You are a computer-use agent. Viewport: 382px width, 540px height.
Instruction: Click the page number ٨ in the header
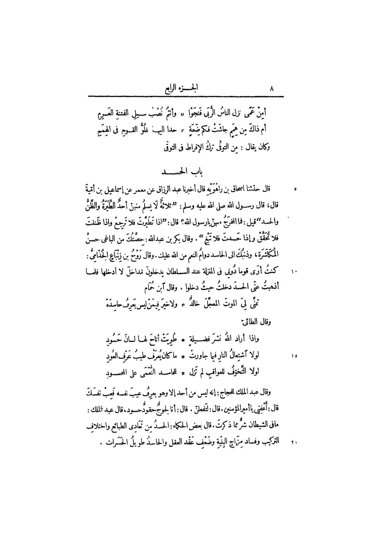coord(272,89)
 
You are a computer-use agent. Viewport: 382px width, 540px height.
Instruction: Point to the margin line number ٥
coord(296,189)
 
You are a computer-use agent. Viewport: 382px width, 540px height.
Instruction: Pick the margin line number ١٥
coord(294,356)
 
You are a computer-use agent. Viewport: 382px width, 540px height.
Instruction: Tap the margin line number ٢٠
coord(294,442)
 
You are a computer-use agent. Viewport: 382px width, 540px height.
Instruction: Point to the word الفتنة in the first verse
coord(127,113)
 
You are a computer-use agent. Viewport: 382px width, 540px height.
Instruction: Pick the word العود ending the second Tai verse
coord(113,356)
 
